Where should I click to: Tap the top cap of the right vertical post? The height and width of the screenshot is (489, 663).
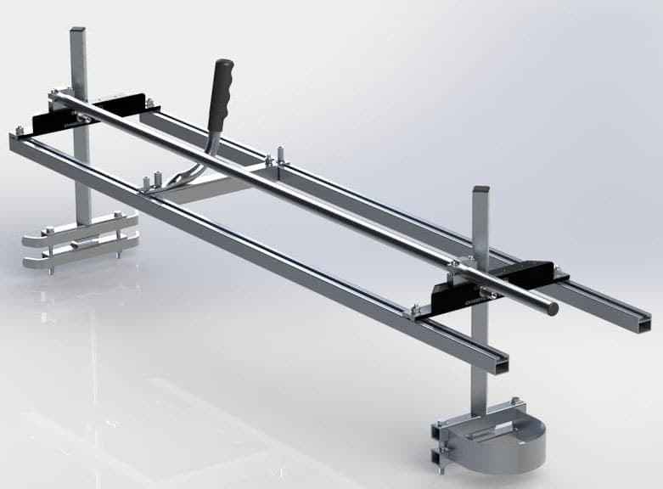point(480,189)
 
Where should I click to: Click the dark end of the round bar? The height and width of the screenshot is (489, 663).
point(553,310)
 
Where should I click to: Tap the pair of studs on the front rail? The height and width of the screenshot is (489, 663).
point(152,183)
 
